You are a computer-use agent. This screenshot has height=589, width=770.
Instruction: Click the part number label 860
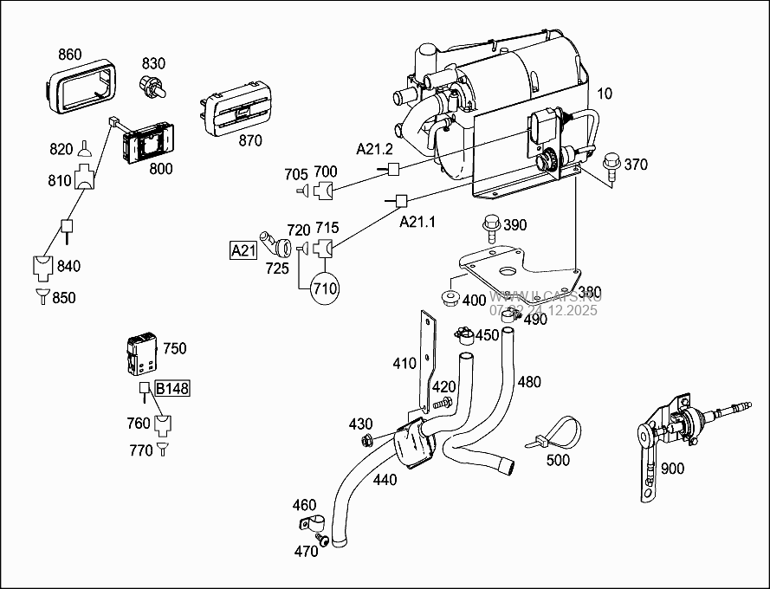pyautogui.click(x=70, y=55)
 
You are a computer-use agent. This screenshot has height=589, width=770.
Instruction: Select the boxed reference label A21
pyautogui.click(x=243, y=251)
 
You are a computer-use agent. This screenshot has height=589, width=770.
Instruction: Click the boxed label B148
pyautogui.click(x=172, y=388)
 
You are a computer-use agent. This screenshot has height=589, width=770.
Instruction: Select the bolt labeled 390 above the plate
pyautogui.click(x=491, y=228)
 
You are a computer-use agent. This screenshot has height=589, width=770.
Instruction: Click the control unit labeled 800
pyautogui.click(x=149, y=141)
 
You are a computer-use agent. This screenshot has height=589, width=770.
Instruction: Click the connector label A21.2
pyautogui.click(x=374, y=149)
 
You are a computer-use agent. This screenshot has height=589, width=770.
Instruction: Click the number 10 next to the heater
pyautogui.click(x=604, y=93)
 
